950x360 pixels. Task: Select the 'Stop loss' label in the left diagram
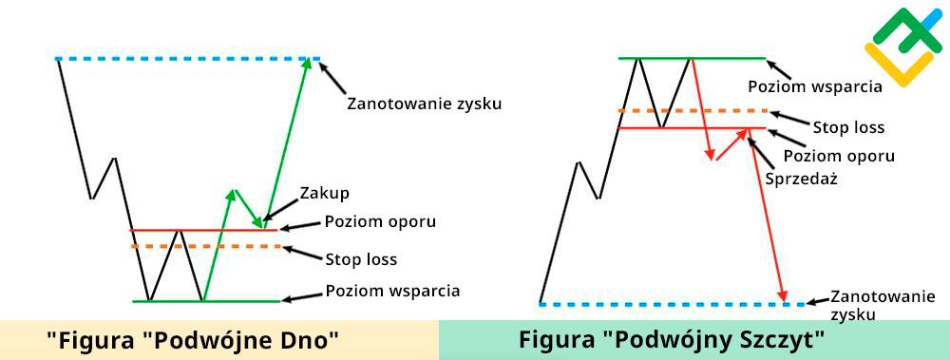(361, 258)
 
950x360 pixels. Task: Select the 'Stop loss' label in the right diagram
(848, 126)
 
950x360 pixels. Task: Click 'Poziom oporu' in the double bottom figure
(380, 222)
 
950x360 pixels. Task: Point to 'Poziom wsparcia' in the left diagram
(392, 291)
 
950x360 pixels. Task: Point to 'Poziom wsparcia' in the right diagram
(815, 85)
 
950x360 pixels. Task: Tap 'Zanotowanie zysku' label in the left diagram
(424, 103)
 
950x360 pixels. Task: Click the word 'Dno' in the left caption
(309, 340)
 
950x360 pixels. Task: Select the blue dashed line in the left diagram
(180, 59)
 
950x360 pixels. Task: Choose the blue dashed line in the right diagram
(665, 304)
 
